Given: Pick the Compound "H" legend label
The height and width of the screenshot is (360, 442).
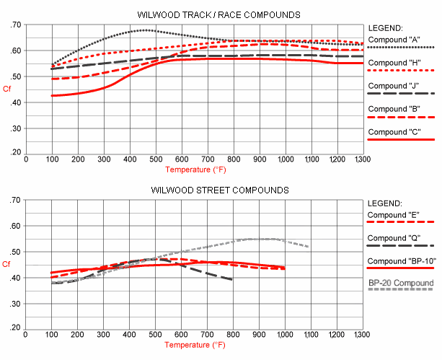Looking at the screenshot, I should pos(394,63).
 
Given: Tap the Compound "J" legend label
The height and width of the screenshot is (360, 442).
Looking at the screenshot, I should pos(394,86).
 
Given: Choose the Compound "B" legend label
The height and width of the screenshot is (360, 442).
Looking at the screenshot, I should pos(394,109).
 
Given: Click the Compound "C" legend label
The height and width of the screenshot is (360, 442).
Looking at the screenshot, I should pos(394,132).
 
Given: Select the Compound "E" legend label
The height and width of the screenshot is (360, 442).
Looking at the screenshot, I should pos(394,214).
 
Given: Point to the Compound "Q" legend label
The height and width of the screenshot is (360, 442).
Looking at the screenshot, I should pos(394,238).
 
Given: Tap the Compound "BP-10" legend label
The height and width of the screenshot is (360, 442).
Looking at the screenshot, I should pos(401,260).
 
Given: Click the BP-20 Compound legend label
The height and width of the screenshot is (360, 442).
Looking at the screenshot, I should pos(401,284).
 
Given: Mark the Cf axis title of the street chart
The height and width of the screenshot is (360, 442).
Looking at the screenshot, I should pos(6,264).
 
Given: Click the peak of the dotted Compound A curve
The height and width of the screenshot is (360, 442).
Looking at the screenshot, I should pos(146,30).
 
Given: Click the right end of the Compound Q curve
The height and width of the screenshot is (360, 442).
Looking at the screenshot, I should pos(232,279).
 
